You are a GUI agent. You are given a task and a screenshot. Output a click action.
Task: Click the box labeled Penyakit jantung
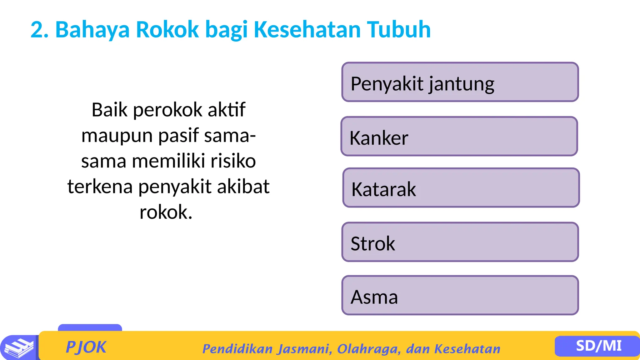[x=460, y=82]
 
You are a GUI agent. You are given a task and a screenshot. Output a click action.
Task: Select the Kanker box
[x=459, y=137]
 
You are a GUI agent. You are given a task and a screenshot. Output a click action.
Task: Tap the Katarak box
[x=461, y=188]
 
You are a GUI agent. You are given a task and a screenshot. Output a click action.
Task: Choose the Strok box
[x=460, y=242]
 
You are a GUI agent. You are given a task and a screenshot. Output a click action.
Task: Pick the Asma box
[x=460, y=296]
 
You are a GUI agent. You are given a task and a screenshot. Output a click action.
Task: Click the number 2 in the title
[x=37, y=30]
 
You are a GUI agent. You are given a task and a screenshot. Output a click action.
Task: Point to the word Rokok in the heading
[x=167, y=30]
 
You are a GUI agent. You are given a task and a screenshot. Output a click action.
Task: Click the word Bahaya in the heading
[x=92, y=30]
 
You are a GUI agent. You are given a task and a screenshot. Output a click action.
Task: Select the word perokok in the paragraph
[x=168, y=110]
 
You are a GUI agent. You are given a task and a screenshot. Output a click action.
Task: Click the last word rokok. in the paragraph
[x=166, y=212]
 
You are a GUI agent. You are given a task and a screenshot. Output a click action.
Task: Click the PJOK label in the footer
[x=86, y=347]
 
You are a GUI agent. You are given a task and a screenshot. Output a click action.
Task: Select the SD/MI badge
[x=598, y=346]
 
